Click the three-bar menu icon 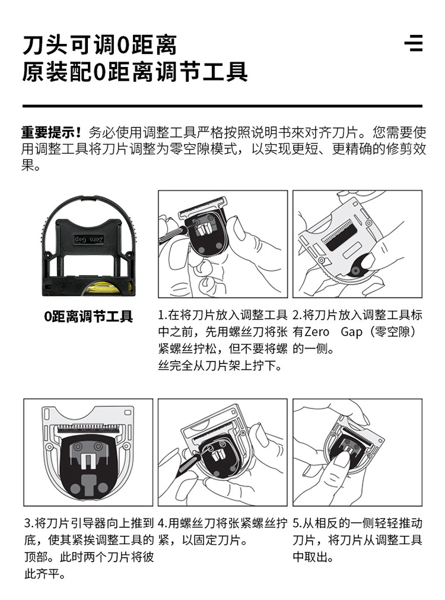click(414, 43)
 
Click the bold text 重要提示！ click(52, 132)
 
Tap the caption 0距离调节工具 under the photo click(88, 317)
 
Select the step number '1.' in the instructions click(163, 315)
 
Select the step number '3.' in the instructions click(29, 523)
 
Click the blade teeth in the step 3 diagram click(88, 428)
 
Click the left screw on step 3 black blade click(78, 446)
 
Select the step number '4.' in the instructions click(163, 523)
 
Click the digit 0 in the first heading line click(122, 46)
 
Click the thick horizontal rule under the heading click(222, 106)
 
